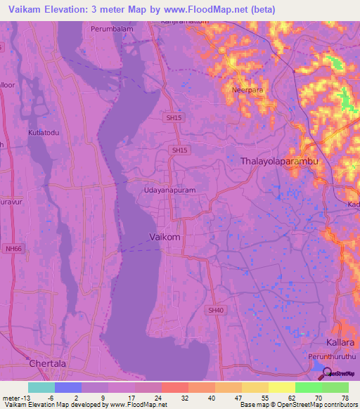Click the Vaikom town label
coord(165,238)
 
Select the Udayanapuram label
coord(169,190)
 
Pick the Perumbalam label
coord(111,30)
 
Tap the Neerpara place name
coord(247,90)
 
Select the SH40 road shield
coord(216,310)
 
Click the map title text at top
coord(138,9)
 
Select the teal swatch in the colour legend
coord(41,387)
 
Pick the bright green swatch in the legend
coord(308,387)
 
